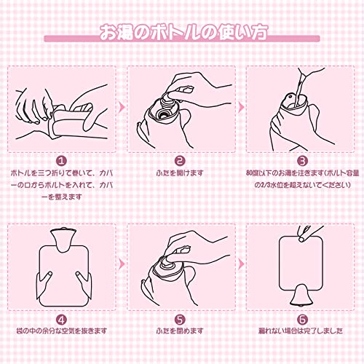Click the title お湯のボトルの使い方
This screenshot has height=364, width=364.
(x=184, y=32)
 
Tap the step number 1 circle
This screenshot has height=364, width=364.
(x=62, y=161)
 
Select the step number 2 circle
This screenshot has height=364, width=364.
(x=180, y=161)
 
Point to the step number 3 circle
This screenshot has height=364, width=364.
(x=303, y=161)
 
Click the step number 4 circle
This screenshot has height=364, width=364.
(x=62, y=320)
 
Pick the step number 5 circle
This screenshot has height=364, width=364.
(x=180, y=320)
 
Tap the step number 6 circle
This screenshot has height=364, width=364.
(x=303, y=320)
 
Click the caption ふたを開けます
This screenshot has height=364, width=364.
(x=180, y=173)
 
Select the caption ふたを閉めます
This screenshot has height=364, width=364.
(x=180, y=331)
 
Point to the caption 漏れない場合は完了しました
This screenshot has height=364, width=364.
(x=301, y=331)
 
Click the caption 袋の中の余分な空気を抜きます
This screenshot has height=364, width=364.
(x=62, y=331)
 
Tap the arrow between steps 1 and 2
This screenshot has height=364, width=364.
(x=122, y=107)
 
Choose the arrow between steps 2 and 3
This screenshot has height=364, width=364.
(x=241, y=107)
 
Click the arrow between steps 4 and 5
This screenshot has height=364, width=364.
(x=122, y=264)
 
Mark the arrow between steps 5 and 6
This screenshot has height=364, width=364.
(x=241, y=264)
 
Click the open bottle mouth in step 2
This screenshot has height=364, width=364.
(x=162, y=113)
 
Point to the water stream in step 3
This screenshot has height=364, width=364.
(x=299, y=90)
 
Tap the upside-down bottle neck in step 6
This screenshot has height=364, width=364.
(x=301, y=296)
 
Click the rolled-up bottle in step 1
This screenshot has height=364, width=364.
(x=71, y=122)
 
